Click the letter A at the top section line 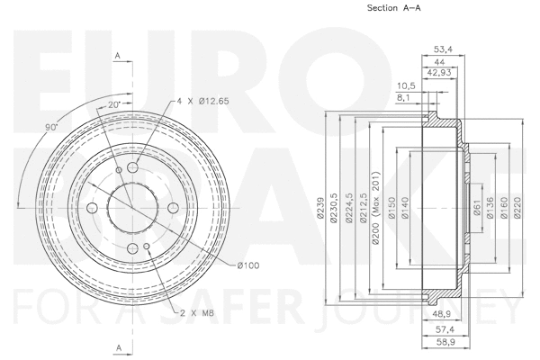click(x=118, y=57)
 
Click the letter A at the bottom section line click(x=118, y=346)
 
